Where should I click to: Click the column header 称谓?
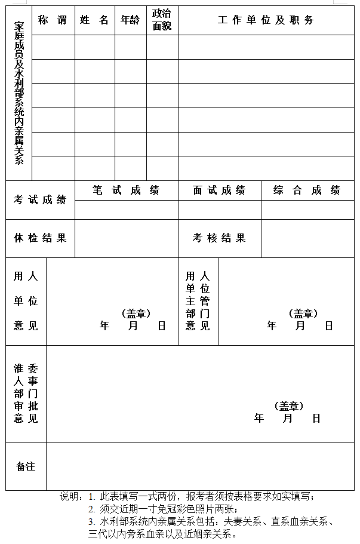(x=53, y=20)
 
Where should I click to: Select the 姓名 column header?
(x=94, y=20)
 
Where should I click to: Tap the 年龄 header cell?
(x=130, y=20)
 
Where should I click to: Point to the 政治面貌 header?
(x=162, y=20)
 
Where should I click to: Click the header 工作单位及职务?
(x=266, y=20)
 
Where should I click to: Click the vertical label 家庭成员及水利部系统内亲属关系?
(x=19, y=93)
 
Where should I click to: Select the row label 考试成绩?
(x=40, y=200)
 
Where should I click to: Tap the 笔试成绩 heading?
(x=126, y=190)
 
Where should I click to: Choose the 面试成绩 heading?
(x=219, y=190)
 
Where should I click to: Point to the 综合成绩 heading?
(x=307, y=190)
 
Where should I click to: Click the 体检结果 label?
(x=40, y=238)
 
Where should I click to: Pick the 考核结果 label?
(x=219, y=238)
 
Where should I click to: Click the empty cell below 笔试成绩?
(x=126, y=210)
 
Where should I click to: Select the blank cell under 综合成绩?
(x=307, y=210)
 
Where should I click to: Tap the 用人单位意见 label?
(x=26, y=301)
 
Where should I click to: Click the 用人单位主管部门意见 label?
(x=198, y=301)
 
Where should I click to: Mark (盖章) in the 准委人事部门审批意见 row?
(x=289, y=406)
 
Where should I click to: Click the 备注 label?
(x=26, y=466)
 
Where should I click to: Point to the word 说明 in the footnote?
(x=70, y=496)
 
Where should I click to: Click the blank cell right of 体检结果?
(x=126, y=238)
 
